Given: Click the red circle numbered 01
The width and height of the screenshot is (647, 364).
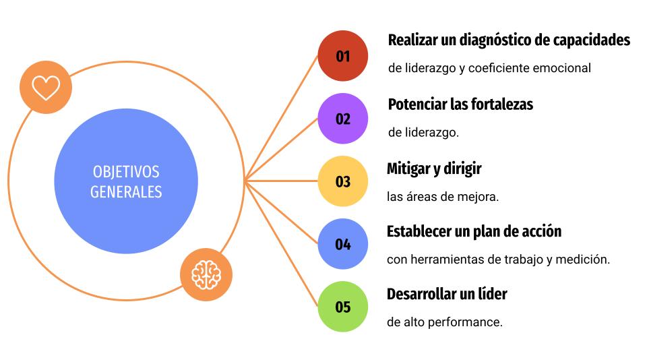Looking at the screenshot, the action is click(342, 56).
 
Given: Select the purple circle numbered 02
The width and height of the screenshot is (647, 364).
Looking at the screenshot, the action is click(342, 119).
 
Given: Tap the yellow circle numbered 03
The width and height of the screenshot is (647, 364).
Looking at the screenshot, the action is click(342, 181).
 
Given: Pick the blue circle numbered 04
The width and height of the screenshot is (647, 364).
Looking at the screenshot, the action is click(342, 244).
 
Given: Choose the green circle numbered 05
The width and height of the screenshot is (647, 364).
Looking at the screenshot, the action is click(342, 307).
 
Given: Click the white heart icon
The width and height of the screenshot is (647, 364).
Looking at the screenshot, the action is click(46, 88).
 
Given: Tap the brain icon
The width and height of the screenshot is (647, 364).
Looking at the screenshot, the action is click(206, 275).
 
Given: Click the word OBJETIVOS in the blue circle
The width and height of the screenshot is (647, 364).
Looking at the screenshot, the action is click(126, 172).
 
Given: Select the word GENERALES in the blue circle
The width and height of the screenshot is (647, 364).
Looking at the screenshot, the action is click(126, 192).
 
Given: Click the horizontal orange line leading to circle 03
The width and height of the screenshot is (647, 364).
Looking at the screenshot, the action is click(281, 181).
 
